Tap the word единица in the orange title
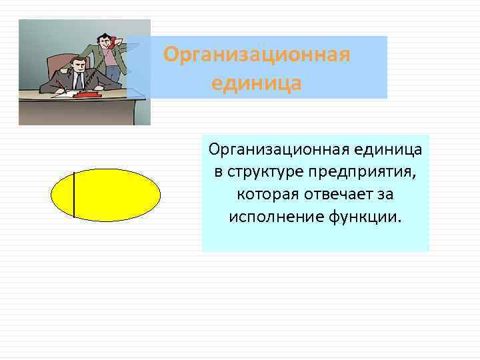coord(257,83)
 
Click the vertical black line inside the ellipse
coord(73,195)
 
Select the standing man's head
coord(104,41)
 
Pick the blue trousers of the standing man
coord(113,74)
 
